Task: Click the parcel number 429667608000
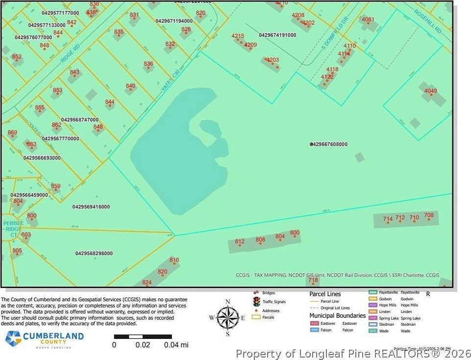click(329, 144)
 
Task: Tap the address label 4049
click(430, 91)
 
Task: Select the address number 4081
click(368, 20)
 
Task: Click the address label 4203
click(272, 60)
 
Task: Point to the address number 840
click(130, 86)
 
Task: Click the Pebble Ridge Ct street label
click(13, 229)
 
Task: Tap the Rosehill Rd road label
click(427, 21)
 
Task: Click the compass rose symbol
click(227, 317)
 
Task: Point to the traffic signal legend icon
click(255, 302)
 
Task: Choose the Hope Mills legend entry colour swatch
click(372, 305)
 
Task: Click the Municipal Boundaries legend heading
click(337, 315)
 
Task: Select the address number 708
click(429, 215)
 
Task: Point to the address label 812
click(240, 241)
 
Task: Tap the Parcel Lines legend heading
click(325, 294)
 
